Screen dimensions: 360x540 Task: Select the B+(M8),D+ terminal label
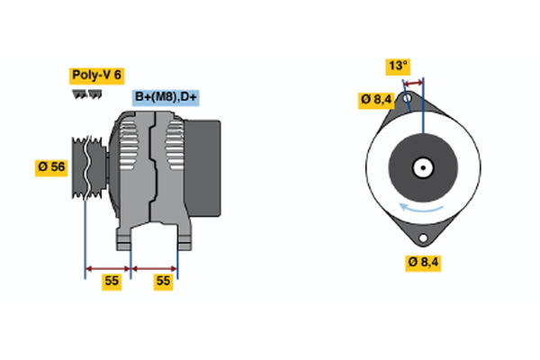click(166, 97)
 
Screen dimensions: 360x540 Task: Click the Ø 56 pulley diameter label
click(51, 166)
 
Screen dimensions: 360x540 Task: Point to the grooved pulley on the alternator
click(87, 166)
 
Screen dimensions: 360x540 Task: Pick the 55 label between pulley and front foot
click(111, 281)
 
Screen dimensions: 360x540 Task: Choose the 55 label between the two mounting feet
click(162, 281)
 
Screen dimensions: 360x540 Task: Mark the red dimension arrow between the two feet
click(154, 267)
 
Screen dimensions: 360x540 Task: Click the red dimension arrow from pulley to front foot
click(107, 267)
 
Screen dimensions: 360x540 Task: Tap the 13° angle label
click(397, 66)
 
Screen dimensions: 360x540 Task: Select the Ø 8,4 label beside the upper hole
click(375, 100)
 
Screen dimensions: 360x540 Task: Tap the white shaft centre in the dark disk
click(421, 167)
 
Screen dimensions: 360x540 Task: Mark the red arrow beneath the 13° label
click(412, 82)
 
